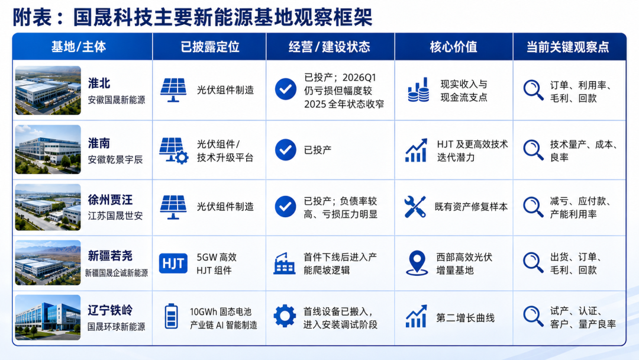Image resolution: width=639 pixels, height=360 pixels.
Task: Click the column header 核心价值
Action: coord(453,47)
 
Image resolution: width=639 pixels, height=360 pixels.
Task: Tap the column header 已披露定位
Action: coord(210,47)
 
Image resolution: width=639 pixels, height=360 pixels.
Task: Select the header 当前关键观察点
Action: coord(567,47)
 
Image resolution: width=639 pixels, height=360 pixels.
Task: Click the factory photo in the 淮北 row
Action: coord(48,90)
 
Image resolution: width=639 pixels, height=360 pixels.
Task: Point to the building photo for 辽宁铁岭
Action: coord(48,317)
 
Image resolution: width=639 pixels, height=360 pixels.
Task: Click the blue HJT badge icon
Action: coord(173,263)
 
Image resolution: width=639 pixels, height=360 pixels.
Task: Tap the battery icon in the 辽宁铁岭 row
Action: coord(171,316)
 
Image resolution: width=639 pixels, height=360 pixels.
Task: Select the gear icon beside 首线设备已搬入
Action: coord(285,316)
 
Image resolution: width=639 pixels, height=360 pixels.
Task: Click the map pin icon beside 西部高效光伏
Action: coord(417,263)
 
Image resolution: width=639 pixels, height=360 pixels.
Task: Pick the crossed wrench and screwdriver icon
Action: coord(415,207)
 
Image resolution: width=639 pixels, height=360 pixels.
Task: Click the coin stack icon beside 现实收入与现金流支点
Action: coord(418,89)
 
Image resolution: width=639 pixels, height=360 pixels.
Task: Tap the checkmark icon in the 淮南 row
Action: coord(286,150)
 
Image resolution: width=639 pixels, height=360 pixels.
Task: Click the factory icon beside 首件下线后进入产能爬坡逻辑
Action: coord(284,263)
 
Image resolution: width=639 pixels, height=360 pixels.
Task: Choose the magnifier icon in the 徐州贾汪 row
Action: coord(534,207)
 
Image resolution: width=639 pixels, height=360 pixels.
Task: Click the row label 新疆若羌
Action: coord(110,256)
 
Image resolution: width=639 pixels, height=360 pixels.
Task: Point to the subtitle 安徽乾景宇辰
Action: coord(115,160)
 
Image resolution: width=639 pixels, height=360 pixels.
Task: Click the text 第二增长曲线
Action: coord(466,318)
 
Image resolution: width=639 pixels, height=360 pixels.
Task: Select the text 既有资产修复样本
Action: coord(471,207)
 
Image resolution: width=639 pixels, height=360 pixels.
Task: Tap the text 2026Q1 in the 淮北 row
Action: coord(359,78)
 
